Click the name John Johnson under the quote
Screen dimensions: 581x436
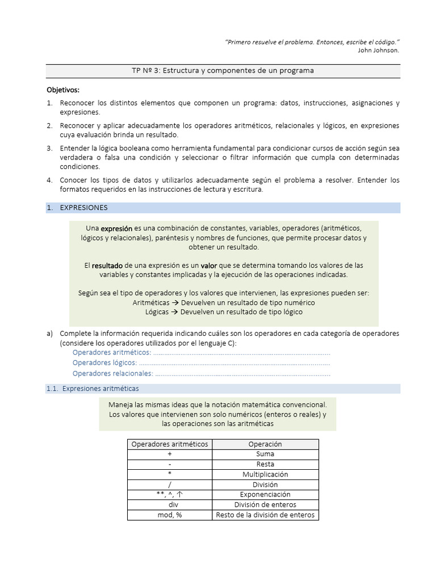click(378, 50)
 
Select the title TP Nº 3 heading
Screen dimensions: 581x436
click(223, 70)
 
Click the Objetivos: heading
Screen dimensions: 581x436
click(62, 90)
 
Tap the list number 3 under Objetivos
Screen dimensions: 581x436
click(49, 148)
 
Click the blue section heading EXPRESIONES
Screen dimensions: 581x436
click(83, 208)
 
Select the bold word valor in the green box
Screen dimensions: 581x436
click(209, 266)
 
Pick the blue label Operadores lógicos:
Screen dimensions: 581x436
click(104, 363)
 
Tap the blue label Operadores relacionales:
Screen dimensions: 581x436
click(113, 373)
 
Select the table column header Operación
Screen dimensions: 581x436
click(265, 444)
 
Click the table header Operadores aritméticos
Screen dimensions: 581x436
click(170, 444)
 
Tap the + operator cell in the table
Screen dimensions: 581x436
click(170, 454)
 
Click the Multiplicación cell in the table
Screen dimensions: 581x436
click(265, 474)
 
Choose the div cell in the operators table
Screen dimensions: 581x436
click(170, 504)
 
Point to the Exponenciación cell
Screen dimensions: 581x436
click(265, 495)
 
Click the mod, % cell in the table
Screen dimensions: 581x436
click(170, 515)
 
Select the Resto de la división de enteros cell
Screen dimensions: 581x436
click(265, 515)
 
